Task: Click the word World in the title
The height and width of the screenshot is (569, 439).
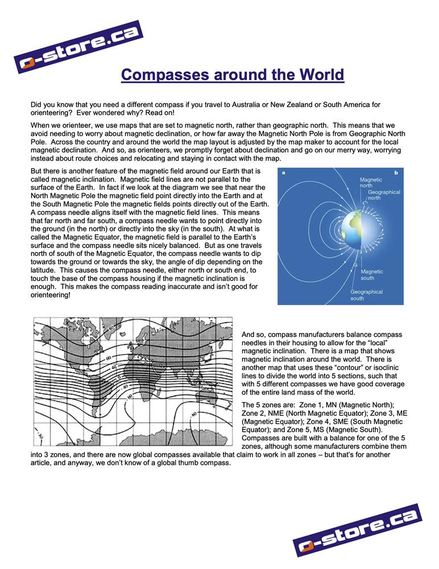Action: [317, 75]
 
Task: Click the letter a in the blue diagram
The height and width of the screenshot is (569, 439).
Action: [283, 172]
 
